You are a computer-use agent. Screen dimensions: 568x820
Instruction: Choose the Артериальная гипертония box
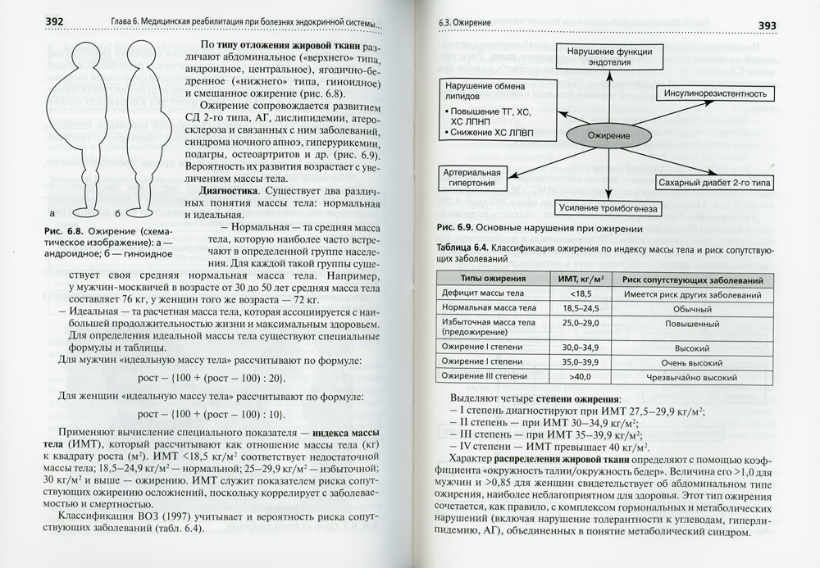[471, 178]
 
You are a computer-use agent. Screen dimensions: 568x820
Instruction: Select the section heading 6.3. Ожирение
[468, 25]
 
